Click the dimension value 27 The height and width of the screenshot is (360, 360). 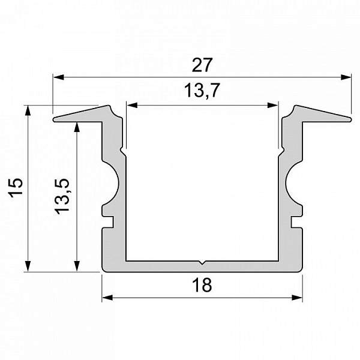click(x=202, y=65)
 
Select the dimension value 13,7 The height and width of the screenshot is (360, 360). click(x=202, y=90)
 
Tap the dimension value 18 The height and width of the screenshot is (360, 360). click(x=202, y=285)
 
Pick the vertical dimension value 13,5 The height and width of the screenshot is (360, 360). click(x=62, y=196)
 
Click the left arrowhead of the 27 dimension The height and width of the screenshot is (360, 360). click(x=58, y=77)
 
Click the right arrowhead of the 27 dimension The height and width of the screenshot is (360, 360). click(x=346, y=77)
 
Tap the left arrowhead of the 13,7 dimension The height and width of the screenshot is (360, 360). click(x=132, y=106)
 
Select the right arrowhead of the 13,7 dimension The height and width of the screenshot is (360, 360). click(x=272, y=106)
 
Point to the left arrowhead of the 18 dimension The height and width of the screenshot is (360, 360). click(x=107, y=298)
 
